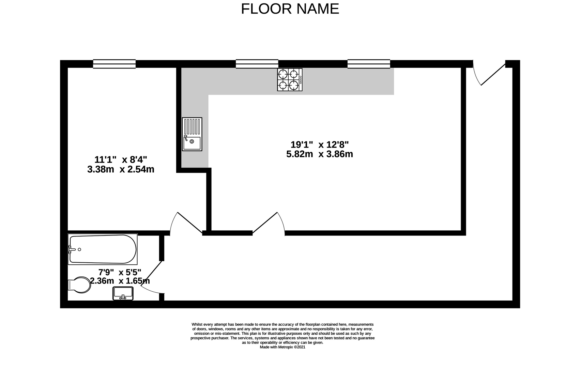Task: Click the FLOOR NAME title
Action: click(290, 9)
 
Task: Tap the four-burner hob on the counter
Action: click(289, 80)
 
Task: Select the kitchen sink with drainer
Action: click(192, 134)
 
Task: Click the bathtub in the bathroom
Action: click(103, 249)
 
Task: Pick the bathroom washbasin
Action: click(123, 293)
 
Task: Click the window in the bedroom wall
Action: click(114, 64)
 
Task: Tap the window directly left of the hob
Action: click(257, 64)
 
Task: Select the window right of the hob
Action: click(369, 64)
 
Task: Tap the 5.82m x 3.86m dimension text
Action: click(320, 154)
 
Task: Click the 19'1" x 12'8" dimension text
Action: click(320, 145)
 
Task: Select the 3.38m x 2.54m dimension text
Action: click(121, 169)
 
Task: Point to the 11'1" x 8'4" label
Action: click(121, 159)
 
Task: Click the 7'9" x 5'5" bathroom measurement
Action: click(120, 272)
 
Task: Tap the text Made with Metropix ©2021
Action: click(283, 347)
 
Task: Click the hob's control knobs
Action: click(301, 80)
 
